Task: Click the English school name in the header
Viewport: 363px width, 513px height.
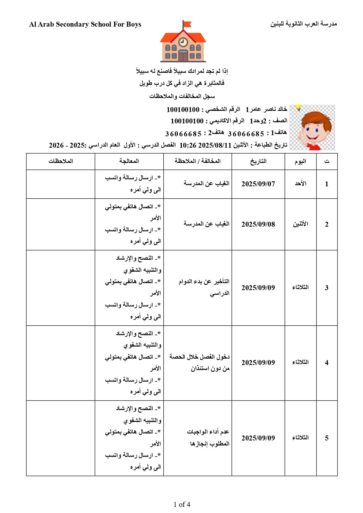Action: point(85,24)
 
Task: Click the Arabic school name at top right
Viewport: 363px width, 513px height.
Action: point(304,24)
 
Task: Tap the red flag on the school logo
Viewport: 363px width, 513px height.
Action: point(187,24)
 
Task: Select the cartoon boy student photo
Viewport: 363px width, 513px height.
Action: point(312,128)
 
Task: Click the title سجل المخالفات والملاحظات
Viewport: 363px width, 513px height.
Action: point(182,96)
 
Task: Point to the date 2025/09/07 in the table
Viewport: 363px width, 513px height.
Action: point(258,184)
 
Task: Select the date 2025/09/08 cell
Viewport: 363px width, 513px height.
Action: point(258,224)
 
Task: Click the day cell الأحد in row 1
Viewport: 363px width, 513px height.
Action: point(301,184)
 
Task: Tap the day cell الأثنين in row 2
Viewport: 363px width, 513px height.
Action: point(301,224)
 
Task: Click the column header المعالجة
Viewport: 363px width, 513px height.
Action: point(129,161)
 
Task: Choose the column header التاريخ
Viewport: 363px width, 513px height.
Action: point(258,161)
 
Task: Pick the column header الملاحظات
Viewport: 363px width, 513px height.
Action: point(61,161)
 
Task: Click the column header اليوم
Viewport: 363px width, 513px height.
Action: point(300,161)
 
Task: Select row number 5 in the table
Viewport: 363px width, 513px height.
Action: point(327,438)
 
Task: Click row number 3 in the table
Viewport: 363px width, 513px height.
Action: point(327,288)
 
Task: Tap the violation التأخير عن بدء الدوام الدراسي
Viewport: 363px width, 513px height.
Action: point(204,287)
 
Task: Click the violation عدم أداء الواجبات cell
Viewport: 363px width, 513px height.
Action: point(208,438)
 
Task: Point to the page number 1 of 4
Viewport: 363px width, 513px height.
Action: point(182,504)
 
